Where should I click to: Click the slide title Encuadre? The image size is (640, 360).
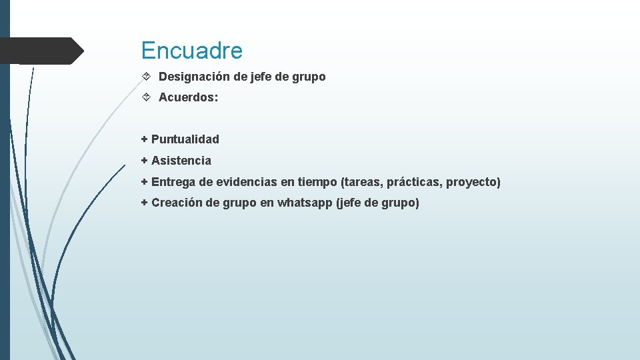[192, 51]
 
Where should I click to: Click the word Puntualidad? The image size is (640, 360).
[185, 139]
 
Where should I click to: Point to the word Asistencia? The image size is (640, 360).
[181, 161]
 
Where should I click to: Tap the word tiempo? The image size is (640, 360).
[317, 182]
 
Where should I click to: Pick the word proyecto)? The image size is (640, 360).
[473, 182]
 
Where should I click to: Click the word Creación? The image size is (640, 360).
[177, 203]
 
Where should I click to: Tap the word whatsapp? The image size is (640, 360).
[304, 203]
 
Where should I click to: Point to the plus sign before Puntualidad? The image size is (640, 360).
[144, 139]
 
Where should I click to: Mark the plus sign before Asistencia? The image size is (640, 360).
[144, 161]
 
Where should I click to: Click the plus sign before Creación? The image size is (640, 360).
[144, 203]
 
